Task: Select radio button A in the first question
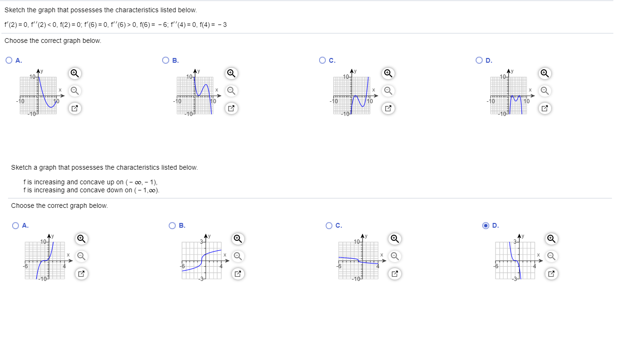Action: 9,60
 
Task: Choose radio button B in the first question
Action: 165,60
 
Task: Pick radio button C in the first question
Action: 322,60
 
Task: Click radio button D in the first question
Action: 479,60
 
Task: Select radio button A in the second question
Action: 16,225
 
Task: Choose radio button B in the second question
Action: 172,225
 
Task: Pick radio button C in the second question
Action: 329,225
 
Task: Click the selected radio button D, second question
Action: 486,225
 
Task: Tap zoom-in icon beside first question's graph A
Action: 74,73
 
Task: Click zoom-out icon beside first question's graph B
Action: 231,90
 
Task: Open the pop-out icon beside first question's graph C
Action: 388,108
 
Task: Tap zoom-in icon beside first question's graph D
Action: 544,73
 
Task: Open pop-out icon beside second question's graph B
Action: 238,274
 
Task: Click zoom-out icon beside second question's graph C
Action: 394,256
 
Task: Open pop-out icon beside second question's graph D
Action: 551,274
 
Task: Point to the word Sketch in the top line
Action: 15,10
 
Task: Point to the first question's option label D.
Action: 489,60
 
